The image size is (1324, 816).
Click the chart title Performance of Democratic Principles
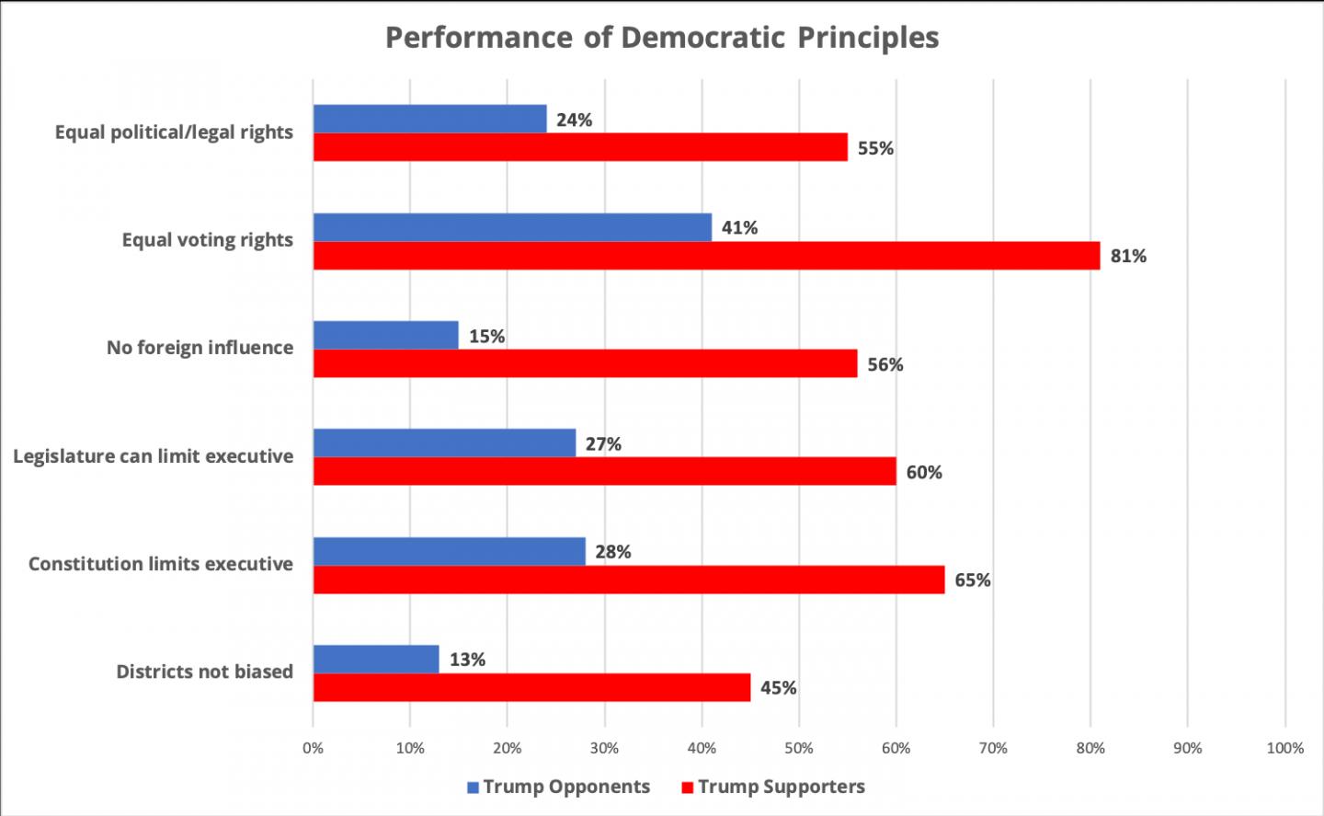[662, 38]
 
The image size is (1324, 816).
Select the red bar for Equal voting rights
[706, 256]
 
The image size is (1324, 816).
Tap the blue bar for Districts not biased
[376, 659]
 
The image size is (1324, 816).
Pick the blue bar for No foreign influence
[385, 335]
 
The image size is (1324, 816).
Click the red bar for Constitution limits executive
[629, 580]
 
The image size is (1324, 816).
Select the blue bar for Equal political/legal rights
[429, 119]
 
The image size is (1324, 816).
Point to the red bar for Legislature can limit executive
[604, 471]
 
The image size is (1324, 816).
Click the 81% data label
[1128, 257]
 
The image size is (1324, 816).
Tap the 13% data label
[467, 660]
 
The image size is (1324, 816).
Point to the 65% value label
[973, 580]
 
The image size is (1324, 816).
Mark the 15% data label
[486, 337]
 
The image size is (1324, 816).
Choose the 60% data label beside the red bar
[924, 473]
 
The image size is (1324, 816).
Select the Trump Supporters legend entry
[772, 787]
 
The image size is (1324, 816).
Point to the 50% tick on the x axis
[798, 749]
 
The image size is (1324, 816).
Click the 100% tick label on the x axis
[1284, 749]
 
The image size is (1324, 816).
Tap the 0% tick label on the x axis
[313, 749]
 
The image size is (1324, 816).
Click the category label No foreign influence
[200, 348]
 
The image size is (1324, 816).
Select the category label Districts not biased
[204, 672]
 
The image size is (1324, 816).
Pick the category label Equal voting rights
[207, 240]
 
